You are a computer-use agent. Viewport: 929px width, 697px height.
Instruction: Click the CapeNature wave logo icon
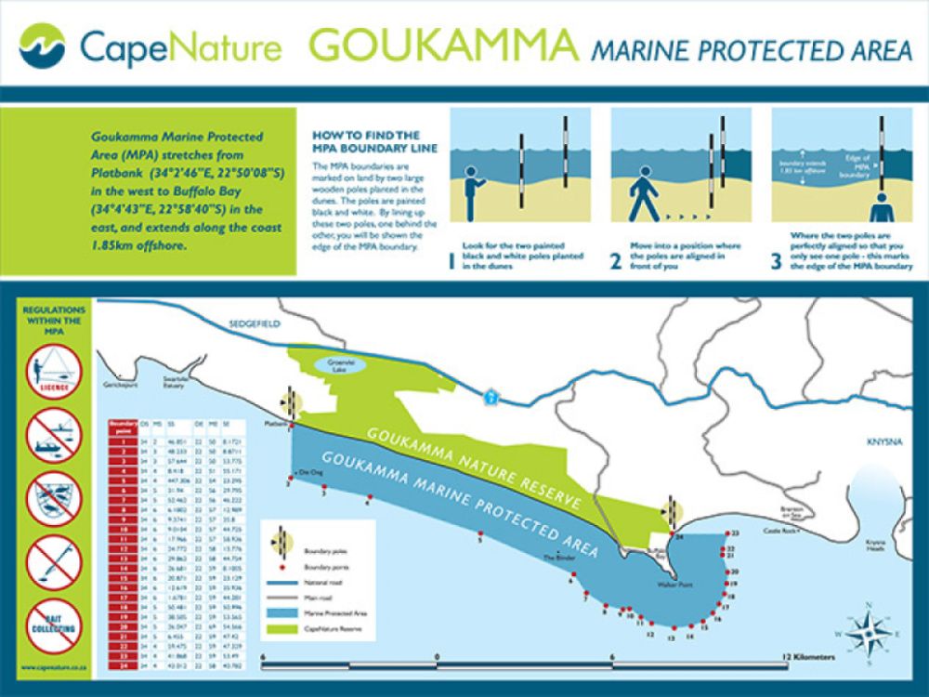tap(43, 46)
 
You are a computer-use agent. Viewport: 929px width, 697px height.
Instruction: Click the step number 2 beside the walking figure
tap(616, 261)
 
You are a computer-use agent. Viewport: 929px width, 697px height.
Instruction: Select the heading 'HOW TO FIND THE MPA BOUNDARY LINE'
tap(367, 141)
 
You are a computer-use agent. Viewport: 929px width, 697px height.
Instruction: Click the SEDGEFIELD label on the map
tap(253, 324)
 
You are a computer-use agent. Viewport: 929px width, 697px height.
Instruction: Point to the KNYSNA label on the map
tap(886, 442)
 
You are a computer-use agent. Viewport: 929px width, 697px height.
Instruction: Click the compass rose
tap(869, 631)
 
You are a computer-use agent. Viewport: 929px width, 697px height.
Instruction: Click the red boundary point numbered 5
tap(480, 533)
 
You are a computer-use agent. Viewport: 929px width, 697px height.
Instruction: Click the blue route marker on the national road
tap(491, 397)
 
